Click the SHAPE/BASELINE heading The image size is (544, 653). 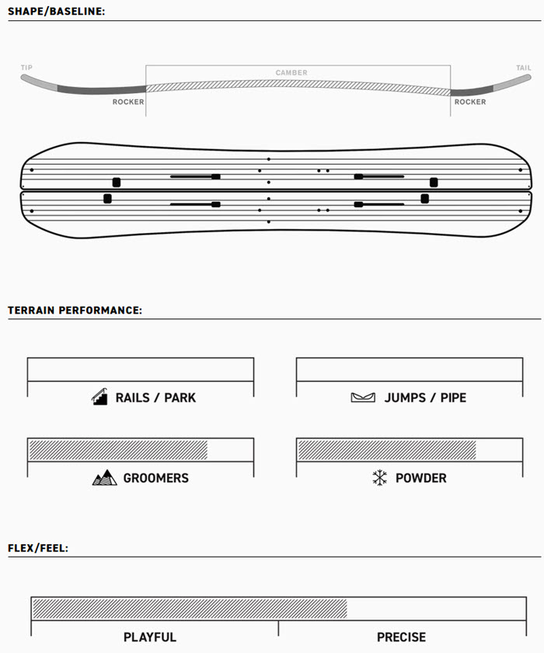pos(56,11)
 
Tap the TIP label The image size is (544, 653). pos(26,68)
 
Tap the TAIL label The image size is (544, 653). pos(524,68)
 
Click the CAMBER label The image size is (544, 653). pos(291,72)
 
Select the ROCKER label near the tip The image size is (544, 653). pos(128,102)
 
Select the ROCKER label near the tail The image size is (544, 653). pos(470,102)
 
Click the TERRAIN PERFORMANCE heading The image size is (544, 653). pos(75,311)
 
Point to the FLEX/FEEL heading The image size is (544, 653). pos(38,548)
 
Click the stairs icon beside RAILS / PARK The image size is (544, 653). pos(99,397)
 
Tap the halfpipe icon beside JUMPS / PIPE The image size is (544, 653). pos(363,398)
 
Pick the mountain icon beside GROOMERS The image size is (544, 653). pos(104,478)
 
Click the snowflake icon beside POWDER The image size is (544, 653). pos(380,478)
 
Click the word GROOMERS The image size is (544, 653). pos(156,478)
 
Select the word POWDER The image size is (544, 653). pos(421,478)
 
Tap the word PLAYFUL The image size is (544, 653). pos(150,637)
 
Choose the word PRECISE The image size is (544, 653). pos(402,637)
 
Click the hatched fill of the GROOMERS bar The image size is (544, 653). pos(118,450)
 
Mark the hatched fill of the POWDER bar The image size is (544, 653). pos(387,450)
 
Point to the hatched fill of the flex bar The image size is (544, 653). pos(190,609)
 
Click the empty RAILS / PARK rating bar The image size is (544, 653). pos(141,370)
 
